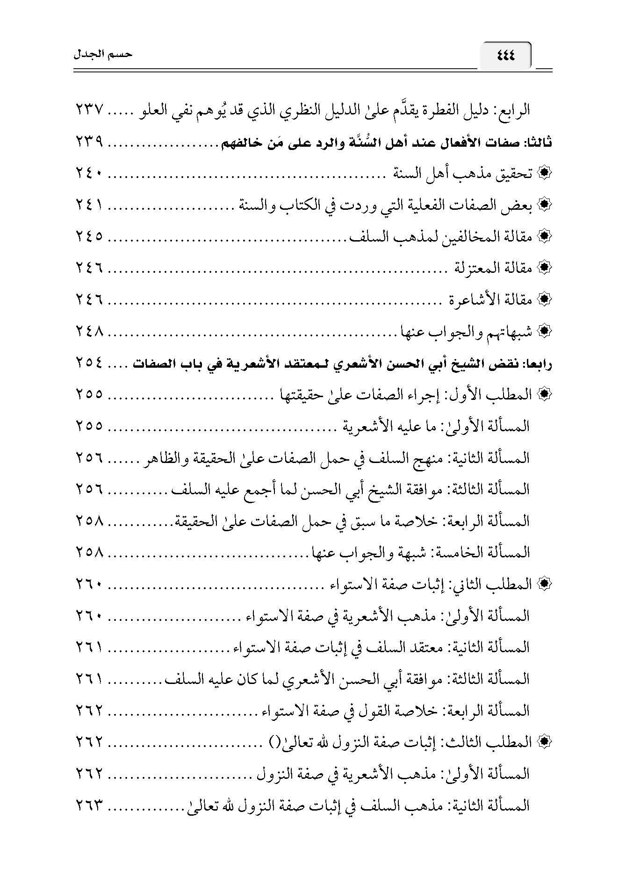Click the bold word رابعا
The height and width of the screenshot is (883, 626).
pos(537,363)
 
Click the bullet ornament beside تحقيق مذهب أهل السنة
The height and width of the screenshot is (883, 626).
pos(543,174)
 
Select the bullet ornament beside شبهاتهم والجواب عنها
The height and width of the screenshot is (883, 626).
pos(543,331)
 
